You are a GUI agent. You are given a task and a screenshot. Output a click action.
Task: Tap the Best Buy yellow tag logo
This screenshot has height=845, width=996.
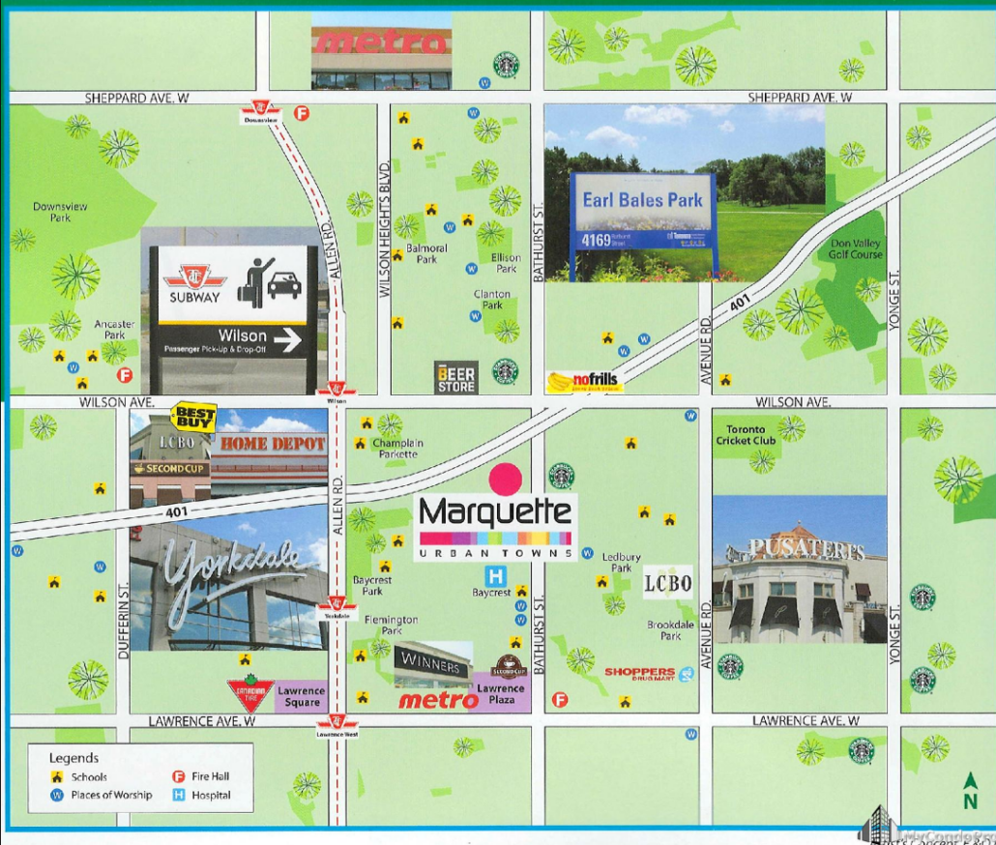pyautogui.click(x=192, y=418)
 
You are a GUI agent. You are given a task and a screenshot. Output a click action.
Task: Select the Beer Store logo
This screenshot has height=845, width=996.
pyautogui.click(x=455, y=377)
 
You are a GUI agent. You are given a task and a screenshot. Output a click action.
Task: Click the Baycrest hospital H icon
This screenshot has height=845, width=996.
pyautogui.click(x=499, y=575)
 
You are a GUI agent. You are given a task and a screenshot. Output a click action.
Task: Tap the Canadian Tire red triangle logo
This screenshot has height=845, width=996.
pyautogui.click(x=250, y=692)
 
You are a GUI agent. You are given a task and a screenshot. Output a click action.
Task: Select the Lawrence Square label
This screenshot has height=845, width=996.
pyautogui.click(x=301, y=696)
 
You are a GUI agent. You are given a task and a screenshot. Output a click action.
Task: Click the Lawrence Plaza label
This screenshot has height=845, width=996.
pyautogui.click(x=501, y=694)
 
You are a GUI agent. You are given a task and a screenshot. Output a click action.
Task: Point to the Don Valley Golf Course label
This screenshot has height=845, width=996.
pyautogui.click(x=855, y=249)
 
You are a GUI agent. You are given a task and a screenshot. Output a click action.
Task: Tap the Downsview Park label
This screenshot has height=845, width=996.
pyautogui.click(x=52, y=212)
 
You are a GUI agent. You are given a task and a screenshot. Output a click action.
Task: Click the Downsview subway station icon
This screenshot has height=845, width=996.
pyautogui.click(x=261, y=109)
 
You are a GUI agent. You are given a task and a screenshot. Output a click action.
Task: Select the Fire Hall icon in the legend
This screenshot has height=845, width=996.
pyautogui.click(x=178, y=776)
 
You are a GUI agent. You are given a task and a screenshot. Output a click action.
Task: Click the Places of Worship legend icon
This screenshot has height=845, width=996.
pyautogui.click(x=57, y=795)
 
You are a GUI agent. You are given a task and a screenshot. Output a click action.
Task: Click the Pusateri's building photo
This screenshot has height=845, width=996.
pyautogui.click(x=799, y=570)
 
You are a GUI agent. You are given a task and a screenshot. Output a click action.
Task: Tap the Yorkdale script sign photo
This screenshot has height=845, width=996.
pyautogui.click(x=229, y=587)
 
